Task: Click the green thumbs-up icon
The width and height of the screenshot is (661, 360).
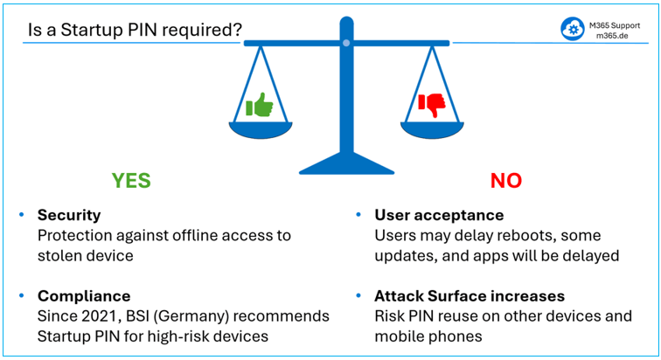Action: click(x=260, y=106)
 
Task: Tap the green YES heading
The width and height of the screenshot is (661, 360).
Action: click(x=131, y=180)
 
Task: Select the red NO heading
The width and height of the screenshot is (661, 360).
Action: click(x=505, y=180)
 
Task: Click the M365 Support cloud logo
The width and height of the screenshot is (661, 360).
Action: click(x=573, y=29)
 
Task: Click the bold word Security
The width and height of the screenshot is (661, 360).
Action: click(x=69, y=215)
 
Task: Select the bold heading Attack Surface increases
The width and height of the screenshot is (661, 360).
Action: click(x=470, y=296)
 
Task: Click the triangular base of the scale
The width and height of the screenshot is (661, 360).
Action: click(x=345, y=163)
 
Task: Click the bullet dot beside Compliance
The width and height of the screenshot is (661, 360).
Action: click(x=20, y=296)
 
